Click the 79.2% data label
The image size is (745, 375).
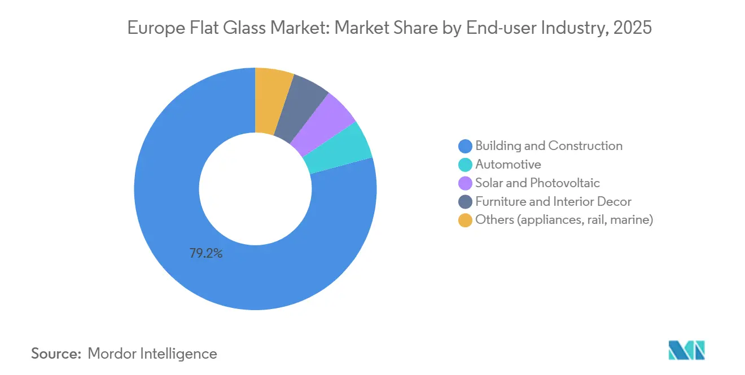coord(205,254)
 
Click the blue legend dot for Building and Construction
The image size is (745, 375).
coord(465,146)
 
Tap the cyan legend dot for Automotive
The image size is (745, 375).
coord(465,165)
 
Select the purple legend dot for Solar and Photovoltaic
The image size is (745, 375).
coord(465,183)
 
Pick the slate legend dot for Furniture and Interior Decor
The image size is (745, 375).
coord(465,202)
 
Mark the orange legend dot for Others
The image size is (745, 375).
coord(465,220)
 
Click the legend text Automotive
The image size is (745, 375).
coord(508,165)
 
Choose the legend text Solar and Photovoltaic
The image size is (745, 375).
coord(537,183)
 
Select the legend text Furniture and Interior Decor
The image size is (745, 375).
coord(553,202)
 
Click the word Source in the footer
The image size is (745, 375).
coord(55,354)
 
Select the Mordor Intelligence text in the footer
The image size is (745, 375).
coord(152,354)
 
